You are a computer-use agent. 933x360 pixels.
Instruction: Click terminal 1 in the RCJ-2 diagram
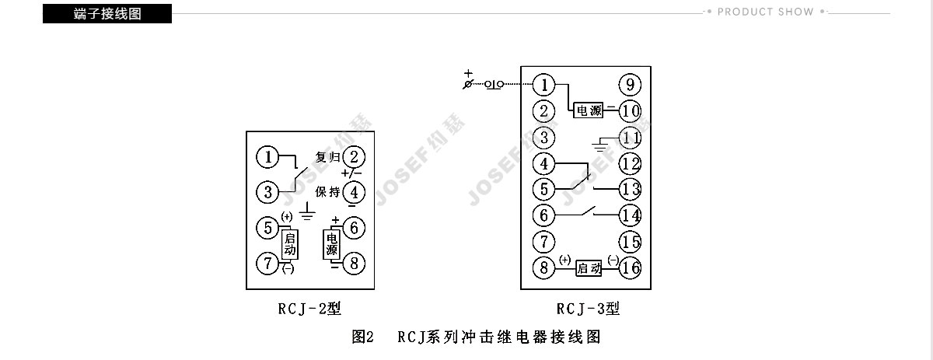[x=268, y=158]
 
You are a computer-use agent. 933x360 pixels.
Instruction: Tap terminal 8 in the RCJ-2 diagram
[x=355, y=263]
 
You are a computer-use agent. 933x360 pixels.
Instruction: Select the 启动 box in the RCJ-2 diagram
[x=289, y=245]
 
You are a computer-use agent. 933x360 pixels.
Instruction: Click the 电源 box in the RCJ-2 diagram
[x=331, y=245]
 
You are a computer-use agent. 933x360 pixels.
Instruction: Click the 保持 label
[x=327, y=191]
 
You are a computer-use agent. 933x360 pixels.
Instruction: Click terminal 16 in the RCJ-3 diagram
[x=630, y=268]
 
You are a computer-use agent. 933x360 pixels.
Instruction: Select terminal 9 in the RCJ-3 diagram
[x=630, y=85]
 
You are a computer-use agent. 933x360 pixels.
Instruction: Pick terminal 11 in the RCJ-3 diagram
[x=630, y=139]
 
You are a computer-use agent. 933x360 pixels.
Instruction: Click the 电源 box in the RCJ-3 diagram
[x=589, y=111]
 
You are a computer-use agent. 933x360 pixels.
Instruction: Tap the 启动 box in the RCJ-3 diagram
[x=589, y=269]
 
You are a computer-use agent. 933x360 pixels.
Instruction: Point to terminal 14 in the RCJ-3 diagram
[x=630, y=215]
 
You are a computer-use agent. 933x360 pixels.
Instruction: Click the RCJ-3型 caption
[x=588, y=309]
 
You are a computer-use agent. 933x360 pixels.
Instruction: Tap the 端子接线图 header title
[x=107, y=14]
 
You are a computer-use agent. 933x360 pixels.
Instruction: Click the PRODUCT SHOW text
[x=765, y=12]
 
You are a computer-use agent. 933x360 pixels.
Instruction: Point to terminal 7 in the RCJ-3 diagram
[x=545, y=241]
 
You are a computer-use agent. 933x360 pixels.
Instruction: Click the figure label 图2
[x=363, y=337]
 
